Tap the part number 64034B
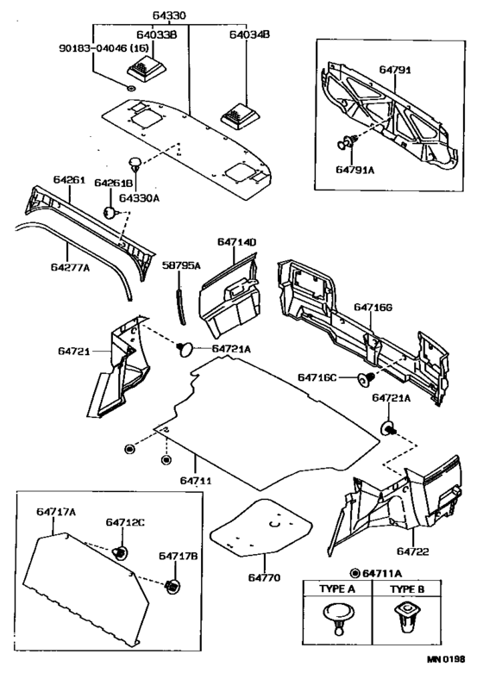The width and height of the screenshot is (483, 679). pyautogui.click(x=248, y=36)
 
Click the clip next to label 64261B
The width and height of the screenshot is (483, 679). pyautogui.click(x=110, y=209)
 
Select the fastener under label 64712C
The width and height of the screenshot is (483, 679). pyautogui.click(x=122, y=552)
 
